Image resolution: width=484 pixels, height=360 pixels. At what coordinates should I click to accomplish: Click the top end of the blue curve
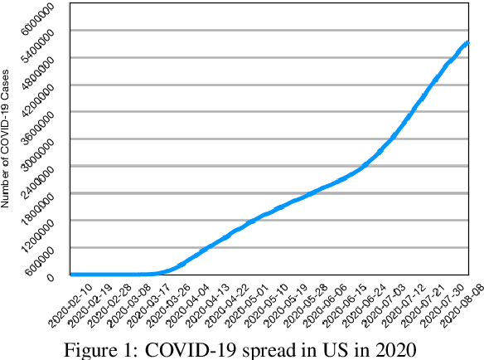[468, 41]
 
